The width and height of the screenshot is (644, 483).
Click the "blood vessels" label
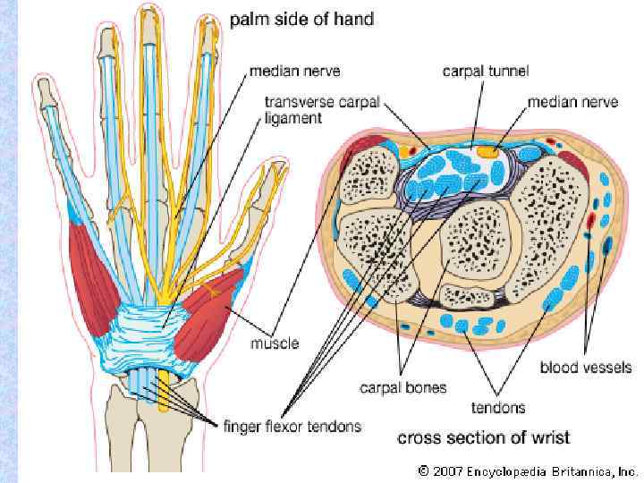[586, 368]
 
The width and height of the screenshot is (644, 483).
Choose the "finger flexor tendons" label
[292, 426]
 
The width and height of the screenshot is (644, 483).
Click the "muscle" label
[275, 343]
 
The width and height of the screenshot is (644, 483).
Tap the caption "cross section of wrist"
[483, 438]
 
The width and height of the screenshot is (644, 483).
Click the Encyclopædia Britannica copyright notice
[528, 469]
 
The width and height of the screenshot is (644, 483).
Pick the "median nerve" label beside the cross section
[572, 102]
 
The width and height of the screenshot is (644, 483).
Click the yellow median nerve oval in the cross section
[487, 151]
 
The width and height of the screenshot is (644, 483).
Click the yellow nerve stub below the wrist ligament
[164, 392]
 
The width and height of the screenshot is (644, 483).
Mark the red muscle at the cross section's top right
[573, 166]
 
